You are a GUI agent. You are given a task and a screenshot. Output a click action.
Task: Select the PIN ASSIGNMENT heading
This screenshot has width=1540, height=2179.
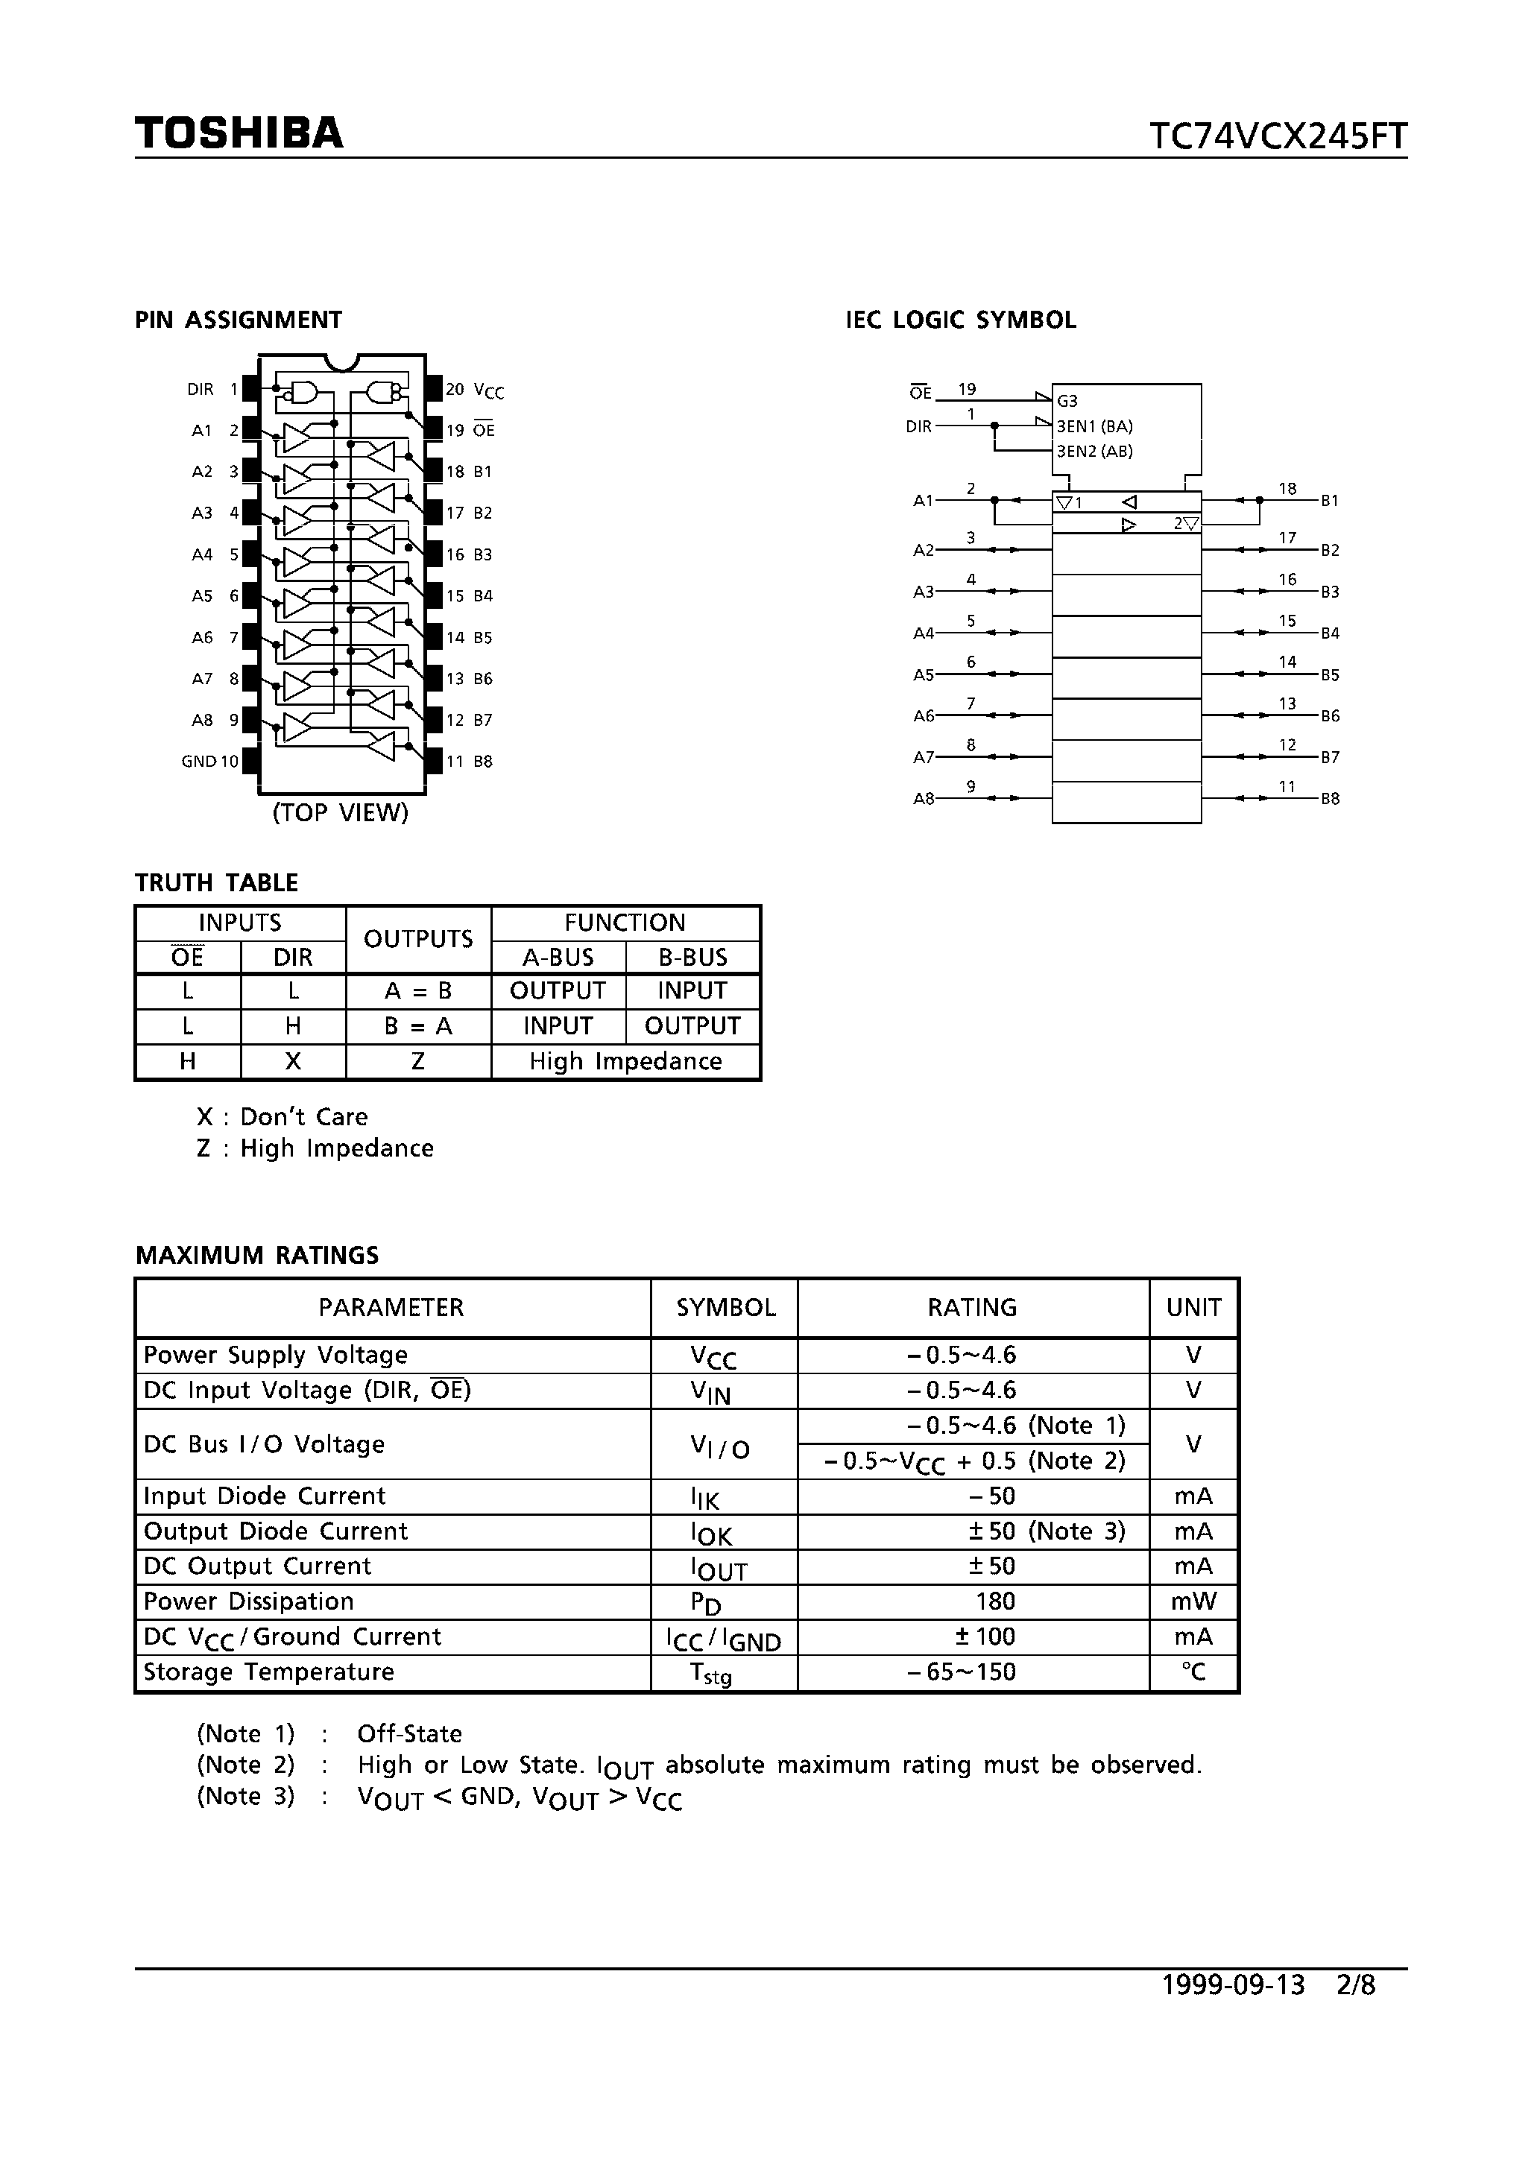[x=239, y=320]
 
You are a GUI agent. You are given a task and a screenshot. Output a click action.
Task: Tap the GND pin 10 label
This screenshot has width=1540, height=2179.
[x=209, y=761]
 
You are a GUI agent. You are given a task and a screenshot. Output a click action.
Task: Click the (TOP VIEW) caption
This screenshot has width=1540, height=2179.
[x=340, y=812]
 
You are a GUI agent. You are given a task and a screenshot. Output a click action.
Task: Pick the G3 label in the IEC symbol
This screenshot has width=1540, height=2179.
[x=1067, y=402]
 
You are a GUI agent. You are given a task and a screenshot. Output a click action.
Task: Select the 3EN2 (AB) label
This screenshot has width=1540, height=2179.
[x=1095, y=452]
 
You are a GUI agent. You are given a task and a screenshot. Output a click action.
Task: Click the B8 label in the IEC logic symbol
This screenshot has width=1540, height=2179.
[x=1331, y=799]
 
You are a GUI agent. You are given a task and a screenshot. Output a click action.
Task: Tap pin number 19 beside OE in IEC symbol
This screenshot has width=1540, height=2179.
[x=967, y=389]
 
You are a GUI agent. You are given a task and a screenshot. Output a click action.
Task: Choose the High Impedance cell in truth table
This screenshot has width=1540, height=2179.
[x=625, y=1062]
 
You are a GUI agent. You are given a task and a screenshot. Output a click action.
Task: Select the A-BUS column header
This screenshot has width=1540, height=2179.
[x=558, y=957]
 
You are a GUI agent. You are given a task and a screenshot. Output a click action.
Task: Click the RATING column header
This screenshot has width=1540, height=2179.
[x=972, y=1308]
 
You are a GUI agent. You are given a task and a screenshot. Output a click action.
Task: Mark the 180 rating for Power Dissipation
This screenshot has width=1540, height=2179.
[x=995, y=1602]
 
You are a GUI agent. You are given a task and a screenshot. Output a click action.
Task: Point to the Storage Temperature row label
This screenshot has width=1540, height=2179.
[x=268, y=1672]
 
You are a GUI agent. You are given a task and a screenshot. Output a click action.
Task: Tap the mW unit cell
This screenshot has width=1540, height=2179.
[x=1193, y=1602]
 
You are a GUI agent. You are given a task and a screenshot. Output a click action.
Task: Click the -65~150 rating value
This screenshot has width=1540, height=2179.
[x=961, y=1672]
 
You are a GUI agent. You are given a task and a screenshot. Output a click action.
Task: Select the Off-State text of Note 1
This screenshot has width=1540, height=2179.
[x=409, y=1734]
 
